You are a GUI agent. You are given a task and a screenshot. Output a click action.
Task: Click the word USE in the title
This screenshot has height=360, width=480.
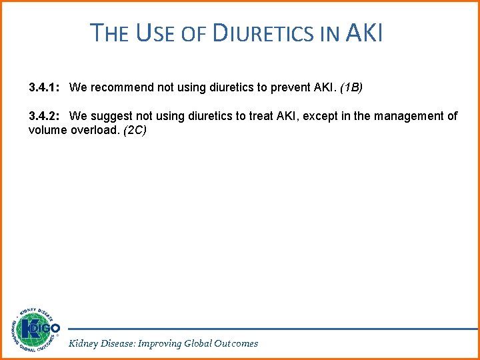(155, 32)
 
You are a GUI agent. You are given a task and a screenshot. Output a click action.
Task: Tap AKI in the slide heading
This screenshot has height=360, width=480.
(365, 32)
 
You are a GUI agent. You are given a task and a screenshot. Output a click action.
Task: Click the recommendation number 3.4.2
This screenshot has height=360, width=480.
(46, 116)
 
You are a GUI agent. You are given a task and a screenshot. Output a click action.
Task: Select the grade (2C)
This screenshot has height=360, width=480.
(135, 130)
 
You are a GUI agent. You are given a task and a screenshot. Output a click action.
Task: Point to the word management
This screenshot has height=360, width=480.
(411, 116)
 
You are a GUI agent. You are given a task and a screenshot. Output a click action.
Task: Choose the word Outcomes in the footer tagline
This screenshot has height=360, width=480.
(235, 343)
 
